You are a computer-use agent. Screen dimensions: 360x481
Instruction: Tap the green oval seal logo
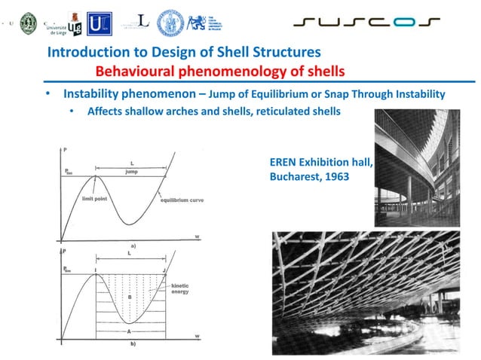coord(29,22)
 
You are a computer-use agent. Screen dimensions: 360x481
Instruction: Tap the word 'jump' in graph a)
coord(132,171)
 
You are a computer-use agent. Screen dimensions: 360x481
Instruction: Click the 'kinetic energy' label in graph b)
coord(180,290)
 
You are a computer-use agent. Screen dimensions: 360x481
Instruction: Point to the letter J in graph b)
coord(164,269)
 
